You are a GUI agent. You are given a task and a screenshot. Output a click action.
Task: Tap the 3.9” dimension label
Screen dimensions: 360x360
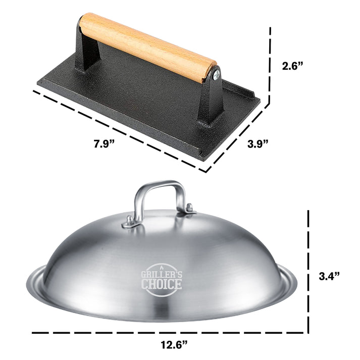(x=257, y=144)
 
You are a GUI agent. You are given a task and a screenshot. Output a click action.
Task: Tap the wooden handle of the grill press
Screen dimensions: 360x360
(x=146, y=47)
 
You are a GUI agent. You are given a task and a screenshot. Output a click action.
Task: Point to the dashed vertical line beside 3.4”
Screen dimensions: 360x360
(x=308, y=273)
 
